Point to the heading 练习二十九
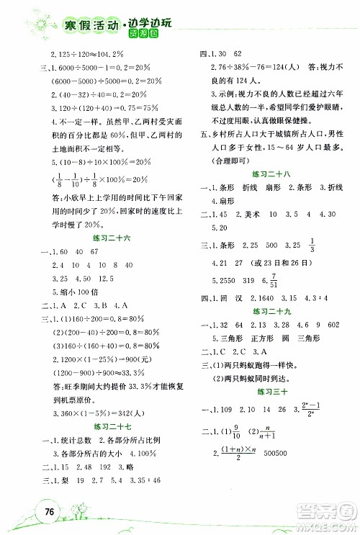[x=268, y=313]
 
